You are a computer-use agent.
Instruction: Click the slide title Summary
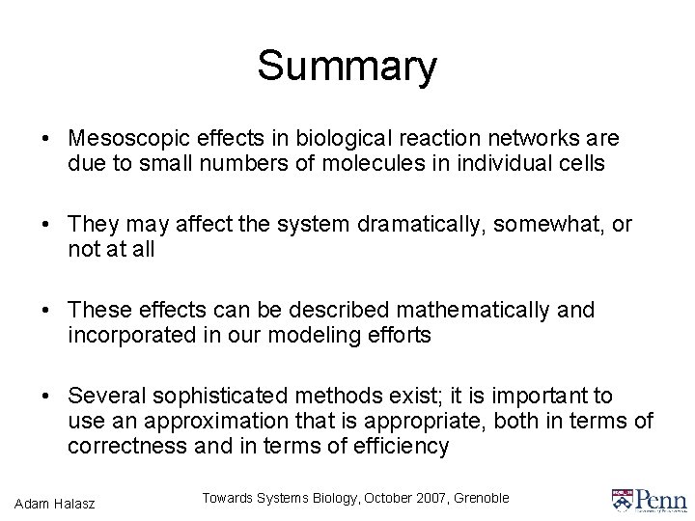(347, 67)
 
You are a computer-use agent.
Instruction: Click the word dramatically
(433, 226)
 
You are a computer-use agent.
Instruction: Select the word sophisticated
(227, 397)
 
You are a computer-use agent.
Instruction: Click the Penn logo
(648, 499)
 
